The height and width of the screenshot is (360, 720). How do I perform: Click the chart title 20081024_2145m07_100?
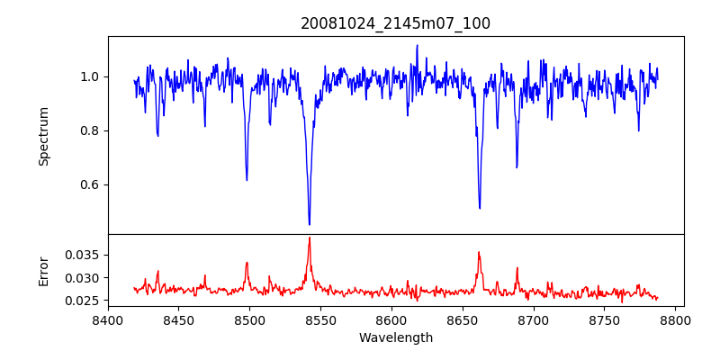coord(395,23)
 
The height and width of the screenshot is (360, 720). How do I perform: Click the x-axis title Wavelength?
coord(395,338)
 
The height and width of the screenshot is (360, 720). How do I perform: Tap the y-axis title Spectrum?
coord(44,136)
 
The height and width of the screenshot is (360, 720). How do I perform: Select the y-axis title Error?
coord(44,271)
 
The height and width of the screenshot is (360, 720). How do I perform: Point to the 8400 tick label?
coord(108,319)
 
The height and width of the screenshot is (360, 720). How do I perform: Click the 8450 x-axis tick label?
coord(178,319)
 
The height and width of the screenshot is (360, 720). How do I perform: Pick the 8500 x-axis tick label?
coord(249,319)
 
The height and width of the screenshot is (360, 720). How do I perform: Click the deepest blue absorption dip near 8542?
coord(309,223)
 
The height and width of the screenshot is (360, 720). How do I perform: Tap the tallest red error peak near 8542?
coord(309,238)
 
